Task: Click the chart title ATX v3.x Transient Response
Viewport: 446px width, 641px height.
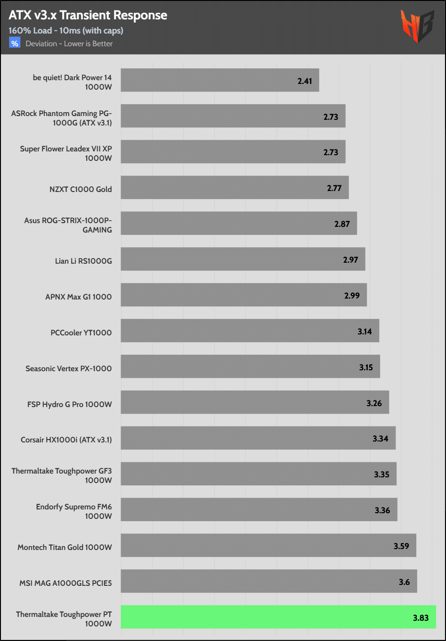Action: pos(88,15)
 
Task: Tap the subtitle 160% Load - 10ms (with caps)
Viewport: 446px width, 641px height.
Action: pos(65,31)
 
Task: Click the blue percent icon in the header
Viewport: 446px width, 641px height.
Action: pos(15,43)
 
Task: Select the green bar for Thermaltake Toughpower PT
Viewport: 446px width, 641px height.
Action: pos(278,617)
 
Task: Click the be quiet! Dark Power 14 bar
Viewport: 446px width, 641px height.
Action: pos(219,80)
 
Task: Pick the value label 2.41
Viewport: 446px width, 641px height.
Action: pos(305,81)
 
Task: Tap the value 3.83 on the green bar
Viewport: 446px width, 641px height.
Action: pos(421,618)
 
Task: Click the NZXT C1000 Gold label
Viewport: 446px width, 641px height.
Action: pos(81,189)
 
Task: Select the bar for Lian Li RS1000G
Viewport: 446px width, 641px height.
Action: pos(243,259)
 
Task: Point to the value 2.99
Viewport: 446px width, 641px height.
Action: pos(352,296)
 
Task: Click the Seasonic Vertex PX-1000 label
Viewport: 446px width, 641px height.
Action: pos(69,368)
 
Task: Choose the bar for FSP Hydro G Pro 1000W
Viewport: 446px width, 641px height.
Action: pos(254,402)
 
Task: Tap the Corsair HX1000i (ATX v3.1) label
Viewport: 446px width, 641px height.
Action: pos(66,440)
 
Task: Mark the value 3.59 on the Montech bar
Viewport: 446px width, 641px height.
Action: pos(401,546)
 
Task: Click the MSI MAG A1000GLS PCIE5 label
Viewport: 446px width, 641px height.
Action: pos(65,583)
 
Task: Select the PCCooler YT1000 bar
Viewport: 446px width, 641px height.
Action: pos(250,331)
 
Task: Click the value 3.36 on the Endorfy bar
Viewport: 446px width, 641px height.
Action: pos(382,510)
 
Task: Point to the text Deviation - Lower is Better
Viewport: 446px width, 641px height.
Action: pos(69,44)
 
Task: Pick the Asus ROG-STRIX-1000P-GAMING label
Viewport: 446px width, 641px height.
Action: pos(68,225)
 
